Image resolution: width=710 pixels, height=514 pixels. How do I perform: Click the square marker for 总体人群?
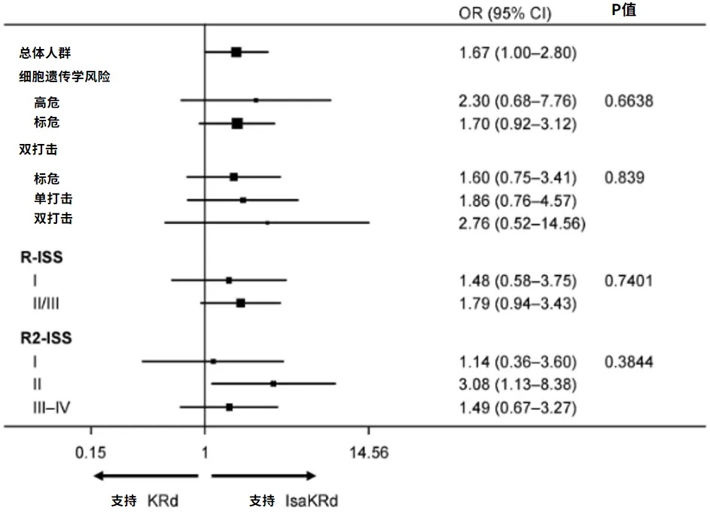(x=236, y=52)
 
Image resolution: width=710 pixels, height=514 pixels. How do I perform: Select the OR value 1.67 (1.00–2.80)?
(x=517, y=53)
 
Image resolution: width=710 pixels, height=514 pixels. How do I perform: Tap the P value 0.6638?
(x=629, y=101)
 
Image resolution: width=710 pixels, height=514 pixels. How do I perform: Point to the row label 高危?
(x=47, y=103)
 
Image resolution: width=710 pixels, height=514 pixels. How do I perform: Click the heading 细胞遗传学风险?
(x=66, y=77)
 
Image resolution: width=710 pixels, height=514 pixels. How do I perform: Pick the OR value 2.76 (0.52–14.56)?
(x=522, y=223)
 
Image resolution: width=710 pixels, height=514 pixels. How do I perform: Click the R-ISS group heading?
(x=41, y=258)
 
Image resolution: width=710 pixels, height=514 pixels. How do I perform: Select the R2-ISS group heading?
(x=46, y=338)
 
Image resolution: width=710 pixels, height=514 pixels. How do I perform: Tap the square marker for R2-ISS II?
(x=273, y=384)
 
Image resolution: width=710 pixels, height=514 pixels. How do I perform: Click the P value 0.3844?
(x=629, y=362)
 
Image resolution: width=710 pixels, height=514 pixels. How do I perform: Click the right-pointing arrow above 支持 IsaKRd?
(x=264, y=476)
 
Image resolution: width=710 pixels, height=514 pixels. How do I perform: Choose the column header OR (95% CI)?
(x=504, y=13)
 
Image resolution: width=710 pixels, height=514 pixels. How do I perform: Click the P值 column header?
(x=624, y=11)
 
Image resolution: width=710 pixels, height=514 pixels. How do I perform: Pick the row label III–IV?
(x=51, y=408)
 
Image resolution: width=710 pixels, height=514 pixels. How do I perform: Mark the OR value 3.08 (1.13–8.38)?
(x=517, y=385)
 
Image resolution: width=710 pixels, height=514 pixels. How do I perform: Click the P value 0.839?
(x=624, y=178)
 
